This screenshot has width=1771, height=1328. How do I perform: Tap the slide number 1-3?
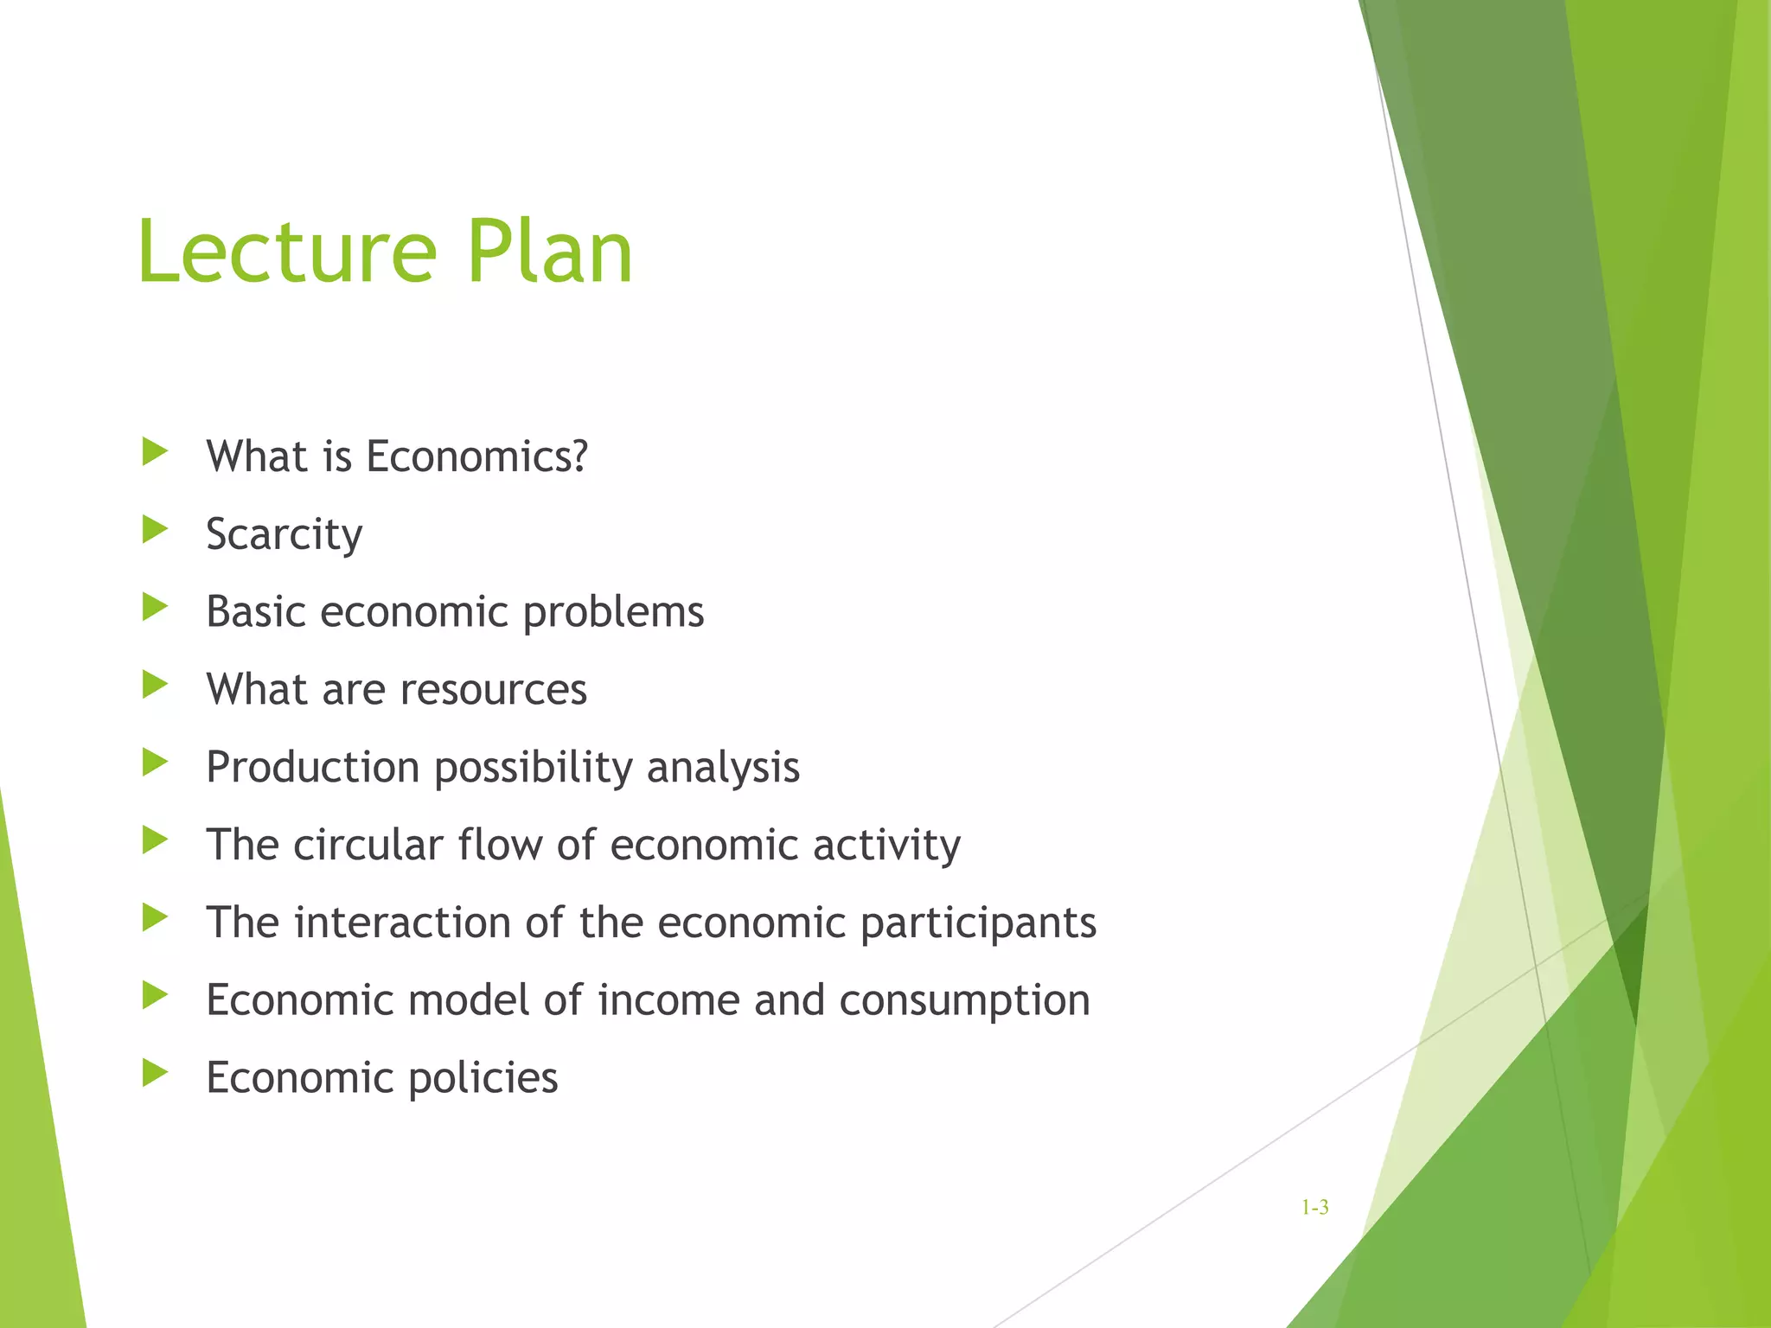coord(1314,1208)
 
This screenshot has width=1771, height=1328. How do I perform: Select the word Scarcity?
coord(285,534)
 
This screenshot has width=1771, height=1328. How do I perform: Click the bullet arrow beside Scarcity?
coord(155,529)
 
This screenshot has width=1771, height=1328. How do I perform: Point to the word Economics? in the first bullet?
coord(476,456)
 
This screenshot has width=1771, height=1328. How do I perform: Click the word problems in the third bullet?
coord(613,613)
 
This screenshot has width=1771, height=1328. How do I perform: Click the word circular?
coord(368,845)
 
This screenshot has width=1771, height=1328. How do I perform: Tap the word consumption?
coord(964,1002)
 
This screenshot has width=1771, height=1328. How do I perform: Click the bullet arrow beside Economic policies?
coord(155,1073)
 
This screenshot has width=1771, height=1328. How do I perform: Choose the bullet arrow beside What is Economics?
coord(155,451)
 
